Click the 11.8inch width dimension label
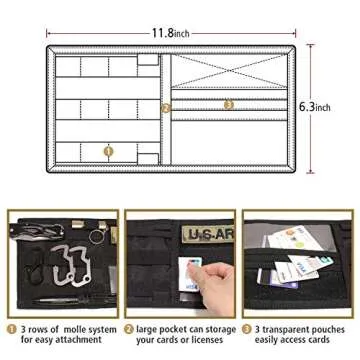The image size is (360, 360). pyautogui.click(x=171, y=32)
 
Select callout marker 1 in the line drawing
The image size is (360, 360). pyautogui.click(x=108, y=151)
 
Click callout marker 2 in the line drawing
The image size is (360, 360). pyautogui.click(x=166, y=108)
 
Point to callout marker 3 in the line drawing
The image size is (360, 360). pyautogui.click(x=228, y=103)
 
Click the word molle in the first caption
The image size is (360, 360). pyautogui.click(x=75, y=326)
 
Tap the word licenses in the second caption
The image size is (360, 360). pyautogui.click(x=204, y=340)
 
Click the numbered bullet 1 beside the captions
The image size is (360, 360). pyautogui.click(x=11, y=327)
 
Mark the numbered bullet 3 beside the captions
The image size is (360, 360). pyautogui.click(x=247, y=327)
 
